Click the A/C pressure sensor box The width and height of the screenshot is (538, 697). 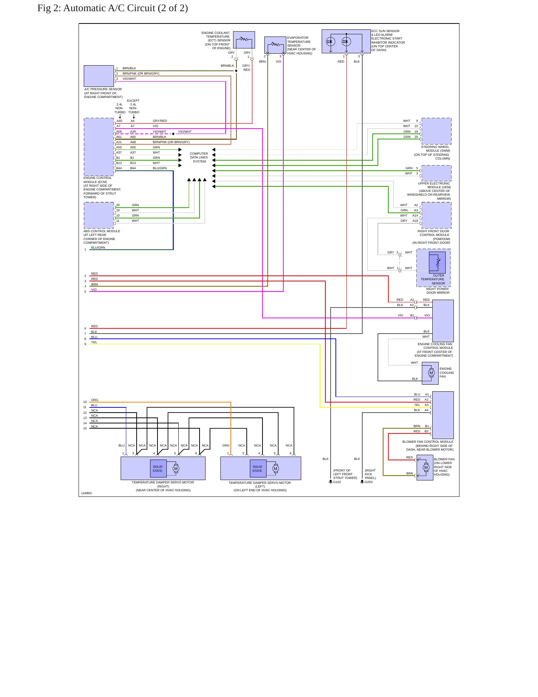99,76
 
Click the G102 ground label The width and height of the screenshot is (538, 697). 337,482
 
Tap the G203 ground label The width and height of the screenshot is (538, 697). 369,482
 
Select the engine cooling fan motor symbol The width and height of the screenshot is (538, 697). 431,373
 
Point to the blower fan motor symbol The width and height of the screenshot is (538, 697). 426,467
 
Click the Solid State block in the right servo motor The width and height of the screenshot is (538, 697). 157,469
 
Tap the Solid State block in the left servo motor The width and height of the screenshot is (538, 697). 257,469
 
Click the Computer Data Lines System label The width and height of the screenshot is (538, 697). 199,157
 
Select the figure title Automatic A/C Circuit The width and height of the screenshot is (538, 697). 112,8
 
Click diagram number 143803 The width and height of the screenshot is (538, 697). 86,493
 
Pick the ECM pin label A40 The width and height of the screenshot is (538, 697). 119,121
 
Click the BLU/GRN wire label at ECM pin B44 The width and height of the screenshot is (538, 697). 160,168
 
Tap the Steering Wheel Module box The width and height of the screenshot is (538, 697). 436,131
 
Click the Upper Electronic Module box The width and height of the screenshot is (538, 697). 436,173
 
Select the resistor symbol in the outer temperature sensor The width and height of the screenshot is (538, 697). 438,262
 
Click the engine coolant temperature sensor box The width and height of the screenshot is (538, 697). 244,40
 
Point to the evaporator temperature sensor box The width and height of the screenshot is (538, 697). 276,45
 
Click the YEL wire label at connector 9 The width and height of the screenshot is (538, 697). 94,342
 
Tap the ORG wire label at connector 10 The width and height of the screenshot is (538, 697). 95,400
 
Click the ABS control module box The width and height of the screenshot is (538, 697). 99,215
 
